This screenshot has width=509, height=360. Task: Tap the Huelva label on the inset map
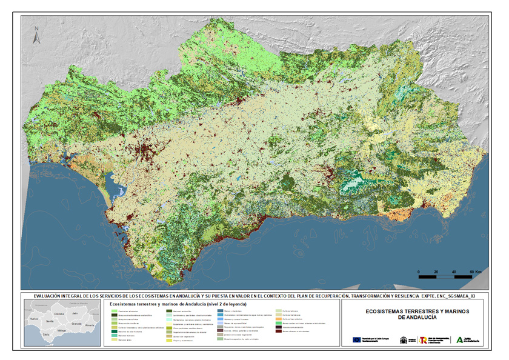[34, 319]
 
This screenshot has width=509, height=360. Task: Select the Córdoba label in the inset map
[59, 314]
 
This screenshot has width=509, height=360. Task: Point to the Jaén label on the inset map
[75, 313]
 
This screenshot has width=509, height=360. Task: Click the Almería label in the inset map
[90, 325]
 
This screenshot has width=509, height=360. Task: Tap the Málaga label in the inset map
[61, 330]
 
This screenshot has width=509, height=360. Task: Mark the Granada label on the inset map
[76, 324]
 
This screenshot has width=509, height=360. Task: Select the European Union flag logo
[357, 340]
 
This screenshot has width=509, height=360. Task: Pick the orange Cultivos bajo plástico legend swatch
[279, 319]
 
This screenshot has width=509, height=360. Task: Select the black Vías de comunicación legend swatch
[279, 327]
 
